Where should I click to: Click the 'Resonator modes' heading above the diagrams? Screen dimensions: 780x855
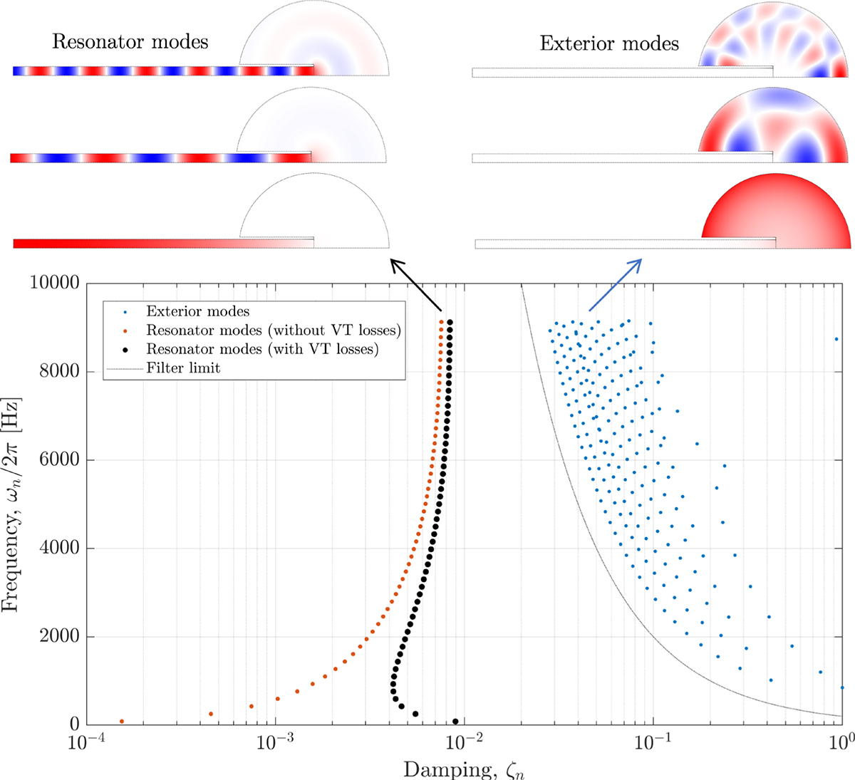click(130, 41)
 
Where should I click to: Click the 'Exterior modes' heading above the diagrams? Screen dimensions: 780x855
click(609, 43)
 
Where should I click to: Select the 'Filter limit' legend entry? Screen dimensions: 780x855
click(183, 368)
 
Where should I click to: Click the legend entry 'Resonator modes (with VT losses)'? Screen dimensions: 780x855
click(262, 349)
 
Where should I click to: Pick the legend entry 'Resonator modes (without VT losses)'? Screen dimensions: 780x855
click(274, 331)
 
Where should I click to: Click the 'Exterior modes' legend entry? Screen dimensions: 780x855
click(198, 311)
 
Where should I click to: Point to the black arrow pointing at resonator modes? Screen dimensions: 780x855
click(417, 286)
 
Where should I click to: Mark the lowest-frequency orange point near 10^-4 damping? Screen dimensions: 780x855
click(122, 722)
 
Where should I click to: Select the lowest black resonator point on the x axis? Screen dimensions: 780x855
click(455, 722)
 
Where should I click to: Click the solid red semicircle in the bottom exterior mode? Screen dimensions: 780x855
click(777, 210)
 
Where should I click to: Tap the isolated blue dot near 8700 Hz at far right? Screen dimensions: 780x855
click(836, 340)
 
